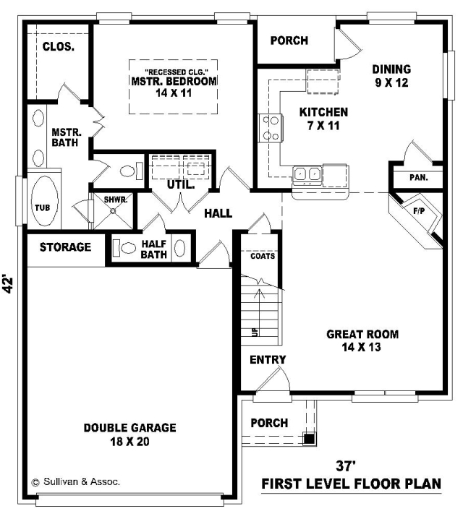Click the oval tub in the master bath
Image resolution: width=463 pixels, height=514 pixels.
pos(44,201)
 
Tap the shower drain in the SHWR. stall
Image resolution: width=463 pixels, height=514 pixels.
pos(113,211)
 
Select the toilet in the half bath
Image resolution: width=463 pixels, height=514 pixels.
pos(124,248)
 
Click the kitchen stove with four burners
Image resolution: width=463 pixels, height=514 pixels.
pos(271,128)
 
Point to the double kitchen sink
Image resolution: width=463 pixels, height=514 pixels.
pos(307,174)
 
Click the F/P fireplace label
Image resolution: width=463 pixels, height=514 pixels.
pos(419,211)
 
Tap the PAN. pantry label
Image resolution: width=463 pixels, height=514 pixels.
pos(419,178)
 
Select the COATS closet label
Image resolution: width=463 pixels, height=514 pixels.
pos(263,256)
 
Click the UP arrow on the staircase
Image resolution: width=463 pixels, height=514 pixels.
pos(260,312)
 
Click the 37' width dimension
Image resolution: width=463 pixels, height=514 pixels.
pos(346,465)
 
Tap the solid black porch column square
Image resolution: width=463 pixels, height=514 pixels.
pos(308,438)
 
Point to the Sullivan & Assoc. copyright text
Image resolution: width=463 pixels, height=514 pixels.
pos(75,481)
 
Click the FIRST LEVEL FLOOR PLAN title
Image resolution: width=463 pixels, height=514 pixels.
pos(351,484)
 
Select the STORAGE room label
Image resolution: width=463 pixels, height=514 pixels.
pos(65,247)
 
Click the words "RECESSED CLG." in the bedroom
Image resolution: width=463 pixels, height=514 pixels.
pos(177,72)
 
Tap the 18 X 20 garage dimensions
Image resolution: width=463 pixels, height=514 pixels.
pos(129,441)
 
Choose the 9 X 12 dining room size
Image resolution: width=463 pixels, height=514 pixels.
pos(392,82)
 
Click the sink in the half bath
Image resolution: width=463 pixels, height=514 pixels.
pos(180,248)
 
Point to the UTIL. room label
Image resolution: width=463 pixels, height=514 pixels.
pos(181,184)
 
